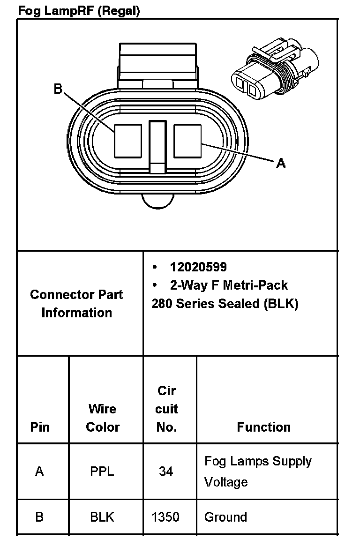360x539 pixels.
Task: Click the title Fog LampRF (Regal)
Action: click(x=79, y=11)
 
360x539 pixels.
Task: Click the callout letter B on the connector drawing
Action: click(x=58, y=89)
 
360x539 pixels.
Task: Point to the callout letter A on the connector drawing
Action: click(x=281, y=163)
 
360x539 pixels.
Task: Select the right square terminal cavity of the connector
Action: click(x=187, y=139)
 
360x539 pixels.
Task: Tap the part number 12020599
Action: click(x=198, y=267)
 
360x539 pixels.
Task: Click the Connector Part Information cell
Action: click(x=76, y=304)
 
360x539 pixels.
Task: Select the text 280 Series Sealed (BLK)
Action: click(x=225, y=304)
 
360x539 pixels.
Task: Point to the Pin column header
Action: click(x=40, y=427)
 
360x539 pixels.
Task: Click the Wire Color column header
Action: click(x=103, y=418)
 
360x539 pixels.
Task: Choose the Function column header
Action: click(x=263, y=427)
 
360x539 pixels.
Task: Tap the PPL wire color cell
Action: click(x=102, y=471)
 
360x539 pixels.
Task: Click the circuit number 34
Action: click(x=166, y=471)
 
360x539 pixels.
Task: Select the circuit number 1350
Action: click(x=165, y=517)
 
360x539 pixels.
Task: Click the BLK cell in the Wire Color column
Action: click(x=102, y=517)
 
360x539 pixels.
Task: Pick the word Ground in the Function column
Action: click(x=225, y=517)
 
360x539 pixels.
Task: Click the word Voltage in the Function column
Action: click(x=226, y=482)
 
